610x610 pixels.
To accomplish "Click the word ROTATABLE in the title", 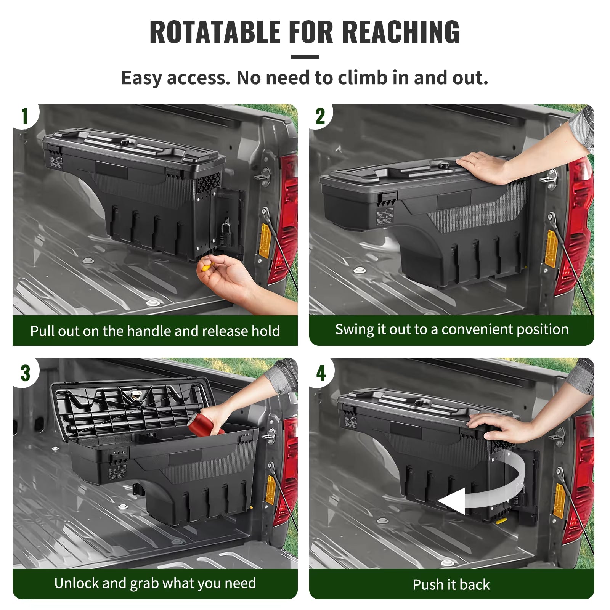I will (215, 32).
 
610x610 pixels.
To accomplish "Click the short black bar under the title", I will (305, 57).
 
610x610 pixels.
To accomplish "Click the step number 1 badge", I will (25, 116).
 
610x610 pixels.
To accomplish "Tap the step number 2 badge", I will (320, 116).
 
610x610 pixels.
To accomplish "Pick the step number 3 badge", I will (25, 373).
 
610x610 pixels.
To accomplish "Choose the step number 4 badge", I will (321, 373).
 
